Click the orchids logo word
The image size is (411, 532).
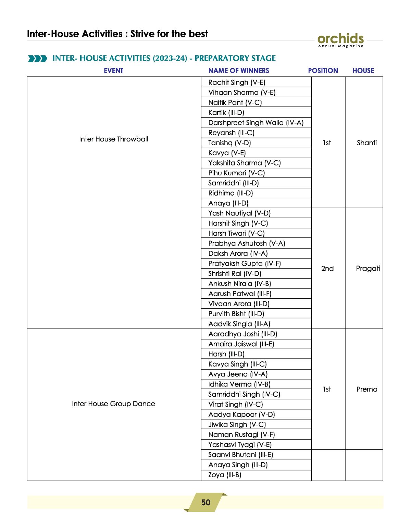pos(340,38)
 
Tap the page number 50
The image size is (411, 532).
pos(206,502)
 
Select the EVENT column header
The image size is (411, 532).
pos(113,71)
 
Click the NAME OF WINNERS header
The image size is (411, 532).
pos(239,71)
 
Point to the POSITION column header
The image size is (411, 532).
pos(323,71)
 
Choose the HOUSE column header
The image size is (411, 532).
pos(363,71)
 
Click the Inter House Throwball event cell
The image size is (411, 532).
pos(113,139)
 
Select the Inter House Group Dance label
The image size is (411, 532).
pos(113,404)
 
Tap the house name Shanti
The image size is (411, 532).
pos(366,143)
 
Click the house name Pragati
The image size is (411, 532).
pos(368,268)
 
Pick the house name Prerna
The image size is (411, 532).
pos(366,389)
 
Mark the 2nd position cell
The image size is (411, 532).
pos(327,269)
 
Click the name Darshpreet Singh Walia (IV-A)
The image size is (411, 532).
pos(256,123)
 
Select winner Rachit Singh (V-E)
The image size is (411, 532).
pos(237,82)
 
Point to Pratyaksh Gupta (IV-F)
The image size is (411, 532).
pos(245,263)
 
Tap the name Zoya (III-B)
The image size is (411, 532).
pos(225,475)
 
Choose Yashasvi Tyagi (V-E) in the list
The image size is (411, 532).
pos(240,445)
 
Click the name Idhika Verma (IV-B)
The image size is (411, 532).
pos(239,384)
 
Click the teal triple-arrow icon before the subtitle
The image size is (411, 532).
pos(37,59)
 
